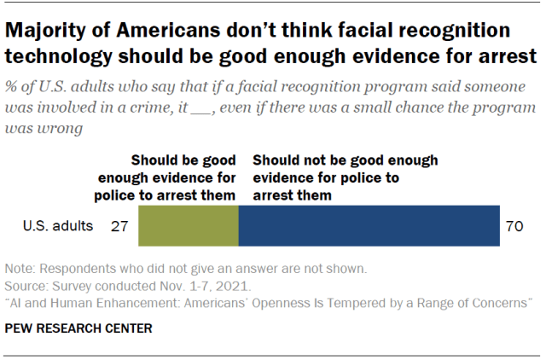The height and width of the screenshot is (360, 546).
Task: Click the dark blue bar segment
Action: click(x=369, y=227)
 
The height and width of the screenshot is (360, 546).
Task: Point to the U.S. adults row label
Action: click(x=56, y=228)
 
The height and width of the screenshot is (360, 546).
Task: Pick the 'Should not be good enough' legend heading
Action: click(x=346, y=177)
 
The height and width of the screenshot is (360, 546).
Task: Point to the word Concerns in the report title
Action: click(x=504, y=302)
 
